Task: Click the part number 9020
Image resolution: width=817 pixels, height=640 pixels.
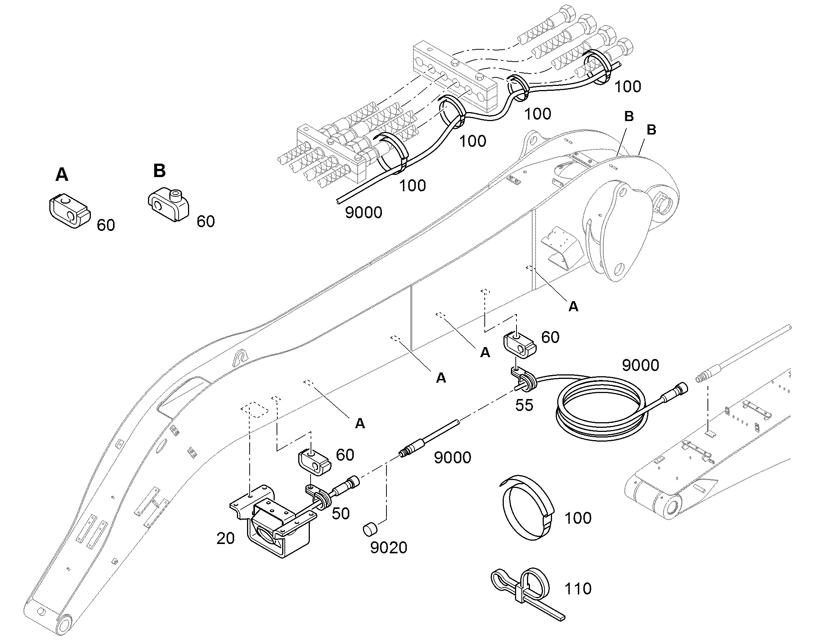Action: coord(389,548)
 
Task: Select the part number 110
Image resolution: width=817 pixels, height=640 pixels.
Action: coord(578,589)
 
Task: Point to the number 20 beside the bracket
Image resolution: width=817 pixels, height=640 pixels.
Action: coord(226,538)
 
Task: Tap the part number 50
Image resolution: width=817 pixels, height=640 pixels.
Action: coord(341,513)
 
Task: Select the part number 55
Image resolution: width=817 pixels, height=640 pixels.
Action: coord(524,405)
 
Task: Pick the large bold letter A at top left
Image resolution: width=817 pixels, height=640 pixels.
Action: coord(62,175)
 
